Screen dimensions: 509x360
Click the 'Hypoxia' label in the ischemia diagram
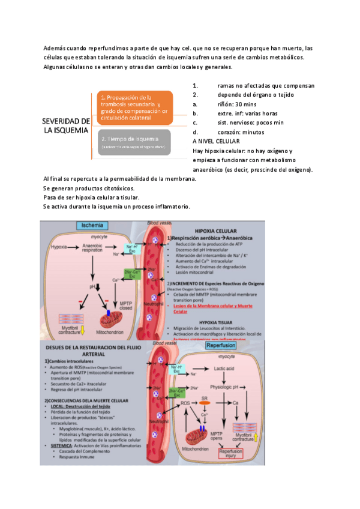[x=59, y=247]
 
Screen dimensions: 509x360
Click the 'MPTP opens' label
[x=216, y=434]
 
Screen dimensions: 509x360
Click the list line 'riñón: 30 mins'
[x=238, y=104]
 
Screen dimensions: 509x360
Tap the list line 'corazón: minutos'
[x=241, y=132]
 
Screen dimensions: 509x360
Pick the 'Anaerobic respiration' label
[x=92, y=247]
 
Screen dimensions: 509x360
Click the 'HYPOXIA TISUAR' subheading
[x=227, y=322]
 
